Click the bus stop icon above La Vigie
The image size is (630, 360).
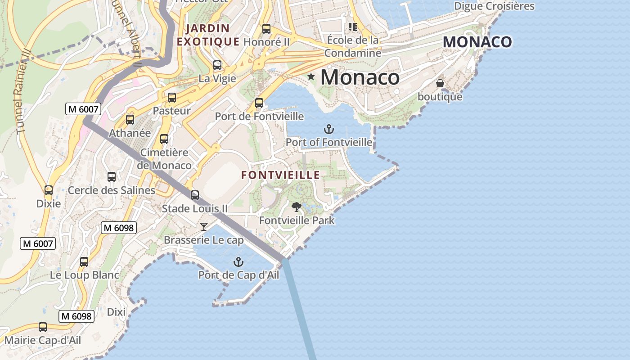click(217, 65)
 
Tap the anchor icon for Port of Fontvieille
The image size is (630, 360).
click(329, 130)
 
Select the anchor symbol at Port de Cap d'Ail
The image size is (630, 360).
click(238, 262)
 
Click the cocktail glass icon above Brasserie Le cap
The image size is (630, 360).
click(204, 227)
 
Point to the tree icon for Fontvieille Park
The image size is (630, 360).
click(297, 207)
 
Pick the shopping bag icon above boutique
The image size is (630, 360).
click(440, 83)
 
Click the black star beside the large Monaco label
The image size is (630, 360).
click(311, 77)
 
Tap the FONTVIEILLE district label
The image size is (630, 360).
click(280, 175)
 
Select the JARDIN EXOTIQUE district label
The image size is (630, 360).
click(208, 35)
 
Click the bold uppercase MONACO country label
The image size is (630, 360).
click(477, 42)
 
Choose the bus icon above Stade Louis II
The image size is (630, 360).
click(195, 195)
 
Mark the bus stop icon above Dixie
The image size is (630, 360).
click(49, 190)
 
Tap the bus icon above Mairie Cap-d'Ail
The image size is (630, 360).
click(43, 327)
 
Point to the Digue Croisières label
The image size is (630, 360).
click(494, 6)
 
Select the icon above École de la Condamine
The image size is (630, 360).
click(352, 27)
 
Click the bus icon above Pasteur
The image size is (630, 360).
click(171, 98)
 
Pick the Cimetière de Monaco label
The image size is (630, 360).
click(164, 159)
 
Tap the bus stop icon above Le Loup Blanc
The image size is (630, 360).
click(84, 262)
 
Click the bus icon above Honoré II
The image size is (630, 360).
click(266, 29)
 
